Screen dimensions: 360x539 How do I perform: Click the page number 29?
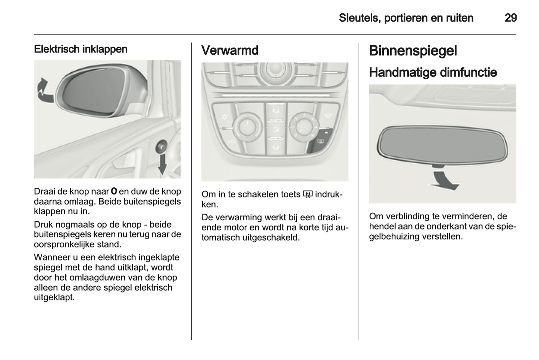pos(510,18)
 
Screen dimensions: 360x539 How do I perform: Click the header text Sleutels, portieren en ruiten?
pos(406,18)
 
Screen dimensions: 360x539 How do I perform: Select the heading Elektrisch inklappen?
pos(81,49)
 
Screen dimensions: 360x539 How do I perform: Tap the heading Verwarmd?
pos(230,50)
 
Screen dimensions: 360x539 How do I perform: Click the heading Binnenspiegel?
pos(413,51)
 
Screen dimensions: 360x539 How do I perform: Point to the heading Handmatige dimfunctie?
pos(433,72)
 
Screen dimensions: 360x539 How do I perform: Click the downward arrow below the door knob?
pos(162,164)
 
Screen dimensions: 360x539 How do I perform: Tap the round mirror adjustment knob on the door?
pos(162,146)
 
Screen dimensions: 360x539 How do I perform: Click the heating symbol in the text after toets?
pos(307,194)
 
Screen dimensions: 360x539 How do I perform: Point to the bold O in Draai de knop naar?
pos(114,192)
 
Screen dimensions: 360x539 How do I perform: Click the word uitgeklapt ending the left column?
pos(54,298)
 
